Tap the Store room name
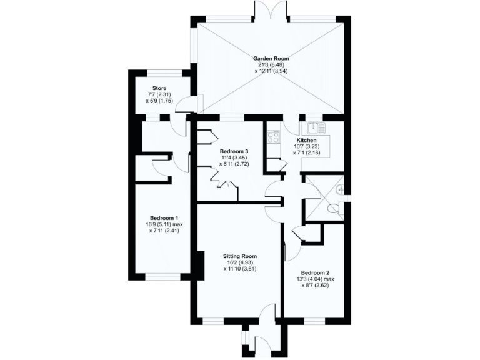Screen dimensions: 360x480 (159, 89)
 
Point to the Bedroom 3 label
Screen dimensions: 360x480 (234, 151)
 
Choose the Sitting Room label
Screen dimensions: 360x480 (240, 256)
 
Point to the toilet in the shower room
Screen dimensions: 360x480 (338, 208)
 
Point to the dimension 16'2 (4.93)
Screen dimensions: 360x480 (240, 262)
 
